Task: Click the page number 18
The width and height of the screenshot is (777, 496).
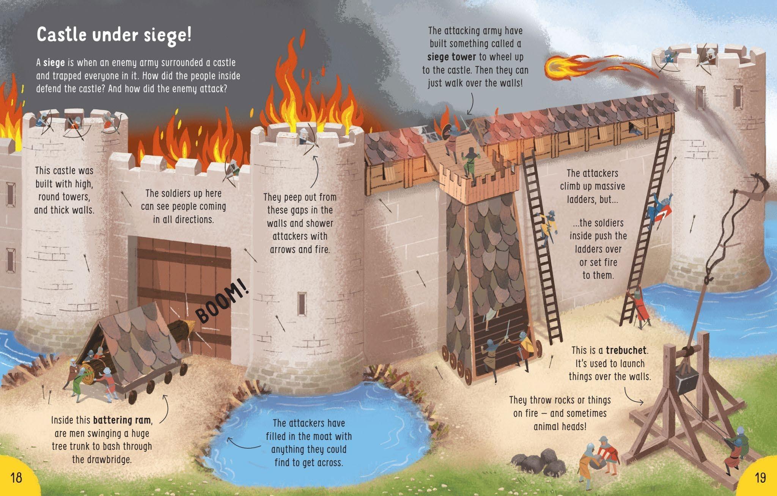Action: pos(17,477)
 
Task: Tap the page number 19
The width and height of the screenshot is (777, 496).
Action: pos(760,477)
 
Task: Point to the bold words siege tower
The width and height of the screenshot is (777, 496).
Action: pos(451,57)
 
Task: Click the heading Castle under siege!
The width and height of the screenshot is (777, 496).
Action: pos(114,35)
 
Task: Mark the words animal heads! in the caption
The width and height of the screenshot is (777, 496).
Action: pos(560,427)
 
